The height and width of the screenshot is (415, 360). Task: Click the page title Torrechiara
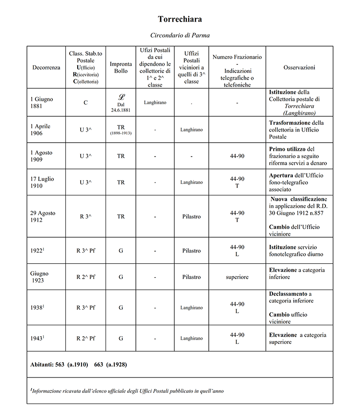[x=180, y=19]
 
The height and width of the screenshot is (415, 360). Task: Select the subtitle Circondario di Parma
[x=180, y=35]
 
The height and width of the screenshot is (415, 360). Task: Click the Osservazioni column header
[x=299, y=68]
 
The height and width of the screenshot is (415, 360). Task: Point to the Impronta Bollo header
[x=121, y=67]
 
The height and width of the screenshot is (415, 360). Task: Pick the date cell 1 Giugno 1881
[x=40, y=102]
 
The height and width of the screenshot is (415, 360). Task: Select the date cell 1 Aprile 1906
[x=40, y=130]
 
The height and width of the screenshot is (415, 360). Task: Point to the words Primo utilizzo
[x=287, y=149]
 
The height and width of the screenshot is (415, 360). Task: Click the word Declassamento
[x=288, y=294]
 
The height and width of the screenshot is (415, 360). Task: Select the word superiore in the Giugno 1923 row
[x=237, y=277]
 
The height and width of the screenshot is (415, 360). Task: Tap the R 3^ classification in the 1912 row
[x=85, y=217]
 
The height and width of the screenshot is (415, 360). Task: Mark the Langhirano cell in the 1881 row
[x=155, y=102]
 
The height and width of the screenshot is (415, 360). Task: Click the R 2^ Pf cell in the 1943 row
[x=85, y=338]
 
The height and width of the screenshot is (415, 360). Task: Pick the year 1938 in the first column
[x=37, y=307]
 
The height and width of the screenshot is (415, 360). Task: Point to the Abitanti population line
[x=78, y=364]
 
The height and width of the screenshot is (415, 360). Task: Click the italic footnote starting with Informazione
[x=127, y=391]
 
